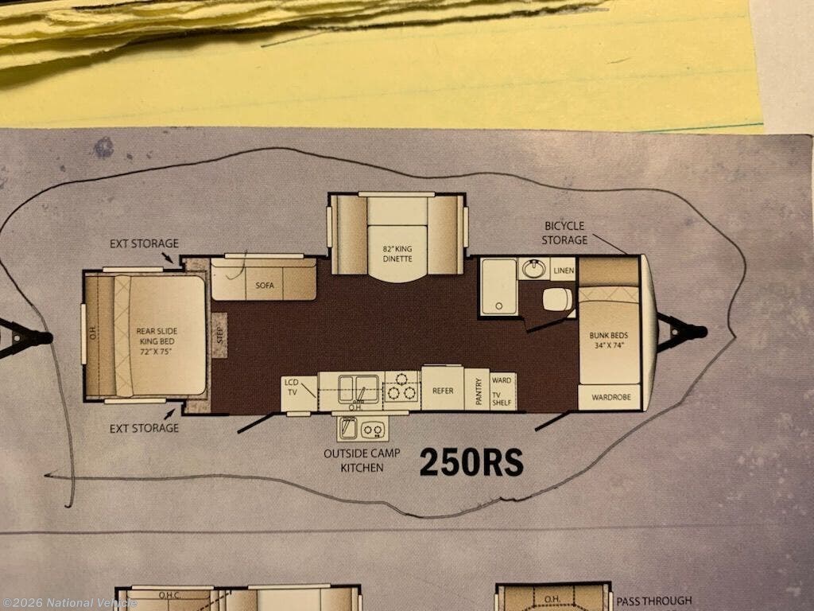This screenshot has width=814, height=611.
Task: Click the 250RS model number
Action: point(471,462)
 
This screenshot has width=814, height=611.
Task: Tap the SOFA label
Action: point(264,286)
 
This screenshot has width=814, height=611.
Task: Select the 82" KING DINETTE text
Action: point(397,254)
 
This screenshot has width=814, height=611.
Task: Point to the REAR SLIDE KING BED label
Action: point(157,341)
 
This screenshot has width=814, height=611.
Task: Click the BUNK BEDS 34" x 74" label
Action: point(608,341)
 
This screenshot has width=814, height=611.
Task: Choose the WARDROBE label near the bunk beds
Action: point(611,397)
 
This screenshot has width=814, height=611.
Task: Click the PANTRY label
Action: point(478,391)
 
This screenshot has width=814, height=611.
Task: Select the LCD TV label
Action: point(292,387)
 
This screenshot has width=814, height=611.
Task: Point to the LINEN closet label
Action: point(564,270)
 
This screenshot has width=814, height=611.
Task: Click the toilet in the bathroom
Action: point(557,300)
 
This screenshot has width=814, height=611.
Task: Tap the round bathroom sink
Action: point(533,268)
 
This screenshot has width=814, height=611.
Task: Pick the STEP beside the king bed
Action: point(219,335)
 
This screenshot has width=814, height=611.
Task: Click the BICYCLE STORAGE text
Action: point(564,233)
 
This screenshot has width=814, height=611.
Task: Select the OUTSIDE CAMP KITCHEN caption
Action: point(362,461)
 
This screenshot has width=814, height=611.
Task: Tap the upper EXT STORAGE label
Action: point(144,243)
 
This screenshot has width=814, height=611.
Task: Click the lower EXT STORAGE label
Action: point(144,428)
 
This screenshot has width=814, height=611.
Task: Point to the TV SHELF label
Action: point(502,399)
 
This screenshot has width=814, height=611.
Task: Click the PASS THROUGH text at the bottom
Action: point(654,601)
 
